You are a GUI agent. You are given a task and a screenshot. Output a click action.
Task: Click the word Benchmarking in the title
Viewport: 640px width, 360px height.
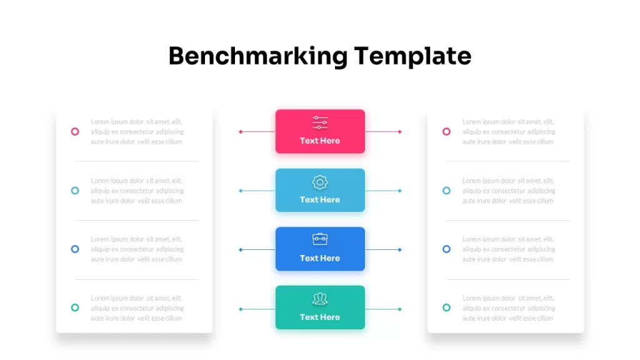(x=258, y=56)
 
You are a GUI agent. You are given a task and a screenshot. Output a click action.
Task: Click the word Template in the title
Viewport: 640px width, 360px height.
(x=412, y=56)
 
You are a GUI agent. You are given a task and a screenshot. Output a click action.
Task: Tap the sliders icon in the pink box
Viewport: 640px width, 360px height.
(x=320, y=122)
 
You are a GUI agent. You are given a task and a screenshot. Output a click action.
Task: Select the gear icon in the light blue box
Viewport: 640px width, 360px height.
(x=320, y=182)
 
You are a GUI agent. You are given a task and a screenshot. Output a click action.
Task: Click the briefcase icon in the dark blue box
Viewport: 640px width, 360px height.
(x=320, y=239)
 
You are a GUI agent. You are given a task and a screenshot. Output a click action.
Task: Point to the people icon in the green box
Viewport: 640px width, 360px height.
(x=320, y=299)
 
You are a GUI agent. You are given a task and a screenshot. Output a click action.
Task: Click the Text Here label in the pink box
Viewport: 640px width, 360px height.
(x=320, y=141)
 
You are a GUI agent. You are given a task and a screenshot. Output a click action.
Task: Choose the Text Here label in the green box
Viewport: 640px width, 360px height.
(x=320, y=317)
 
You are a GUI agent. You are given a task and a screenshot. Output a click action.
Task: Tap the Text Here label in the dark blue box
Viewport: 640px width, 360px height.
(x=320, y=258)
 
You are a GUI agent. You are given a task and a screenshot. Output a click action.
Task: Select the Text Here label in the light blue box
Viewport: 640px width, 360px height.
(x=320, y=199)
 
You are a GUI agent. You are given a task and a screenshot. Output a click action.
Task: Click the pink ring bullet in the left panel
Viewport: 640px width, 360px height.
(x=75, y=127)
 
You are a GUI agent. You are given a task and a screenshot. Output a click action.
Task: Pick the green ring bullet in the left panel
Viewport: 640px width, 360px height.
(x=75, y=304)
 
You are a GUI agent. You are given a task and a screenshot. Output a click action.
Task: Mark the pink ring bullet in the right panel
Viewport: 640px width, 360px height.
(x=446, y=127)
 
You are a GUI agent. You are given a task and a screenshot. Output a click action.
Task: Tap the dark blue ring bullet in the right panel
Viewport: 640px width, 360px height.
(x=446, y=245)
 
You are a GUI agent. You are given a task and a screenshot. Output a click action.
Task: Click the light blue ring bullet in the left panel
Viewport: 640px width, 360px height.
(x=75, y=187)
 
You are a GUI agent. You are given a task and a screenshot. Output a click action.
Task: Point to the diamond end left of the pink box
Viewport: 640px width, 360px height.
(x=241, y=132)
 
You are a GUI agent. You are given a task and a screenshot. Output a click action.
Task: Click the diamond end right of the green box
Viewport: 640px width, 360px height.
(x=399, y=309)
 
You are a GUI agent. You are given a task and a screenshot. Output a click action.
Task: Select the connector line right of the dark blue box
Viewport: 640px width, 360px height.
(x=383, y=250)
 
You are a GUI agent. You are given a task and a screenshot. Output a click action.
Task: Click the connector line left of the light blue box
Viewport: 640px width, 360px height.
(x=257, y=191)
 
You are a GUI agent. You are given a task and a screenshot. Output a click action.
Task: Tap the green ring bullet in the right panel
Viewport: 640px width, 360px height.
(x=446, y=304)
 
